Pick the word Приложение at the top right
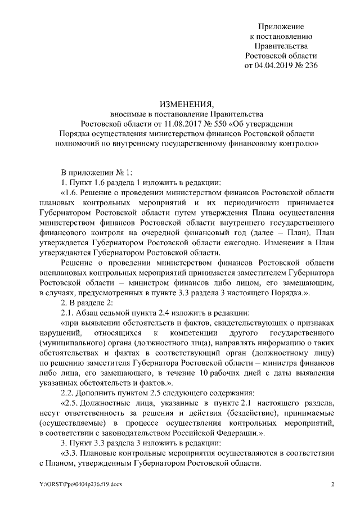281,27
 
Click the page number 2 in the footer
332,485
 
